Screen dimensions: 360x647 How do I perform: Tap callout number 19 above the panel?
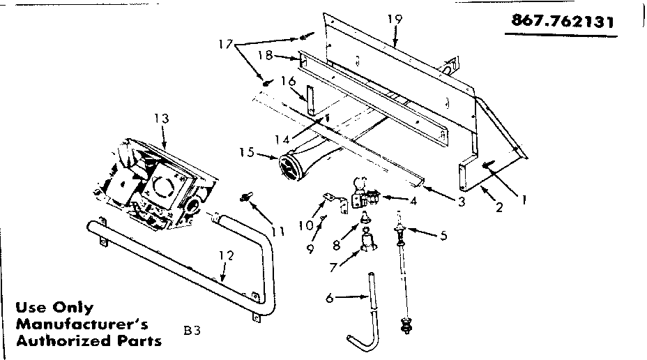click(395, 20)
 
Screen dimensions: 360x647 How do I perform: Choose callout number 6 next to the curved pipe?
click(330, 298)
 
